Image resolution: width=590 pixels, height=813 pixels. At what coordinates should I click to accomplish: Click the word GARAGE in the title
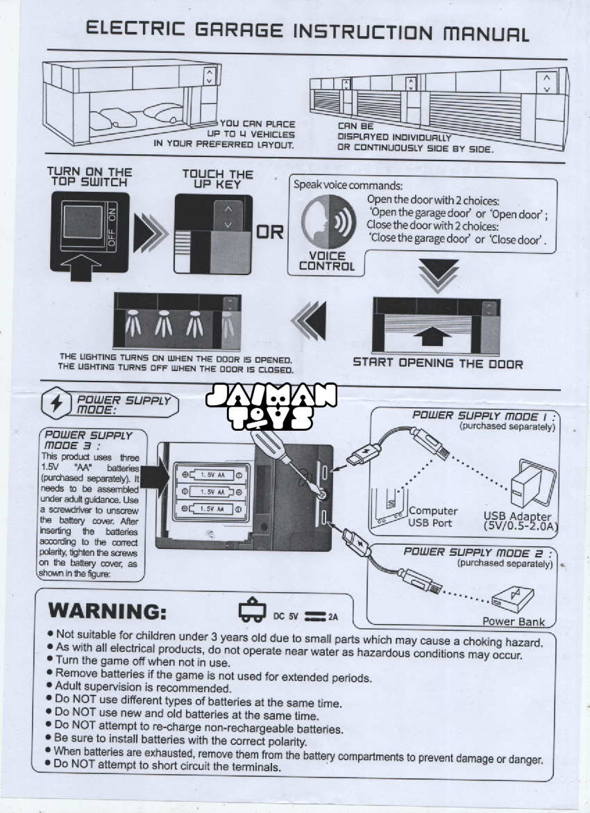229,31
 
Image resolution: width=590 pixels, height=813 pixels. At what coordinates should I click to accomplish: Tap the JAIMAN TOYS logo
271,406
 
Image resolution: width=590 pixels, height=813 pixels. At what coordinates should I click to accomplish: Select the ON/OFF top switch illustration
90,228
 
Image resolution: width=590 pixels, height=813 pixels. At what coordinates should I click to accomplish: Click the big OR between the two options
270,232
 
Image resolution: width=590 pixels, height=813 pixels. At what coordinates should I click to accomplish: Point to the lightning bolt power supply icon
56,403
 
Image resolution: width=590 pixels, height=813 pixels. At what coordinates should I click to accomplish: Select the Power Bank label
514,621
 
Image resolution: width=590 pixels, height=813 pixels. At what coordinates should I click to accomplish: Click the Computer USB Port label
432,516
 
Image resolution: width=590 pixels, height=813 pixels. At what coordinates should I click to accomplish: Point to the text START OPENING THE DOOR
437,363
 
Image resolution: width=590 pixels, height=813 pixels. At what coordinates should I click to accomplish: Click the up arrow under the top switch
81,268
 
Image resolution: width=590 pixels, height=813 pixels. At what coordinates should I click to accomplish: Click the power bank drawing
514,598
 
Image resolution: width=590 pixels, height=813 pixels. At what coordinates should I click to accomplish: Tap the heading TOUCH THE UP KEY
217,179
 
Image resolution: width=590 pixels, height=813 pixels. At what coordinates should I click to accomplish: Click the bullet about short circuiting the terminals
167,766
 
